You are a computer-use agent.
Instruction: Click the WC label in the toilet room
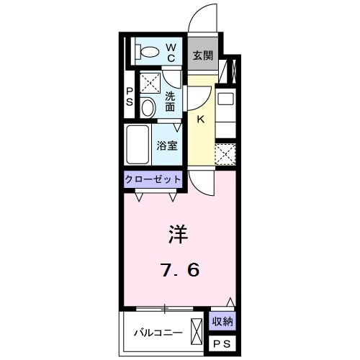pyautogui.click(x=172, y=53)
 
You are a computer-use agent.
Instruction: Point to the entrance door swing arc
pyautogui.click(x=203, y=19)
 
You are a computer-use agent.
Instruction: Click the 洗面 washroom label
pyautogui.click(x=171, y=102)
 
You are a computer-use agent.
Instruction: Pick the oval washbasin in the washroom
pyautogui.click(x=147, y=108)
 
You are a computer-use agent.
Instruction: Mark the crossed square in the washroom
pyautogui.click(x=149, y=84)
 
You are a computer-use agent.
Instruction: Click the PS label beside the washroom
pyautogui.click(x=130, y=96)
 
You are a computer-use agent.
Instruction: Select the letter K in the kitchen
pyautogui.click(x=201, y=120)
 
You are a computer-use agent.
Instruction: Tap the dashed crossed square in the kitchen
pyautogui.click(x=226, y=154)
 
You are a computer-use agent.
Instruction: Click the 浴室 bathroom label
pyautogui.click(x=168, y=144)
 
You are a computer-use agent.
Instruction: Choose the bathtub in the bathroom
pyautogui.click(x=138, y=145)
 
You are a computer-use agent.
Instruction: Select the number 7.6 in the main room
pyautogui.click(x=179, y=270)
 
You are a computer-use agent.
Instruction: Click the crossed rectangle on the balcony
pyautogui.click(x=197, y=333)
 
